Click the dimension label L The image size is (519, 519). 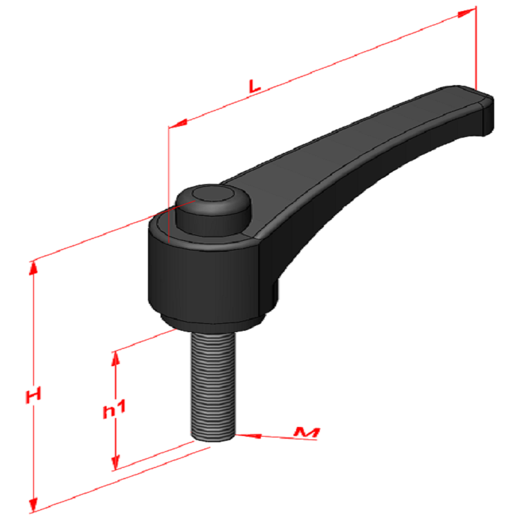pyautogui.click(x=255, y=86)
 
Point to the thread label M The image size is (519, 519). pyautogui.click(x=307, y=433)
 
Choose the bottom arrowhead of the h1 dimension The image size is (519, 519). pyautogui.click(x=116, y=462)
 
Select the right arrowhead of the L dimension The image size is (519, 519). pyautogui.click(x=468, y=11)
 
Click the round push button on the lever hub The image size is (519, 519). pyautogui.click(x=212, y=204)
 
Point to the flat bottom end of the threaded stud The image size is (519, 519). pyautogui.click(x=211, y=436)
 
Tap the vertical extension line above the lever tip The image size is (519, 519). pyautogui.click(x=476, y=48)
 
